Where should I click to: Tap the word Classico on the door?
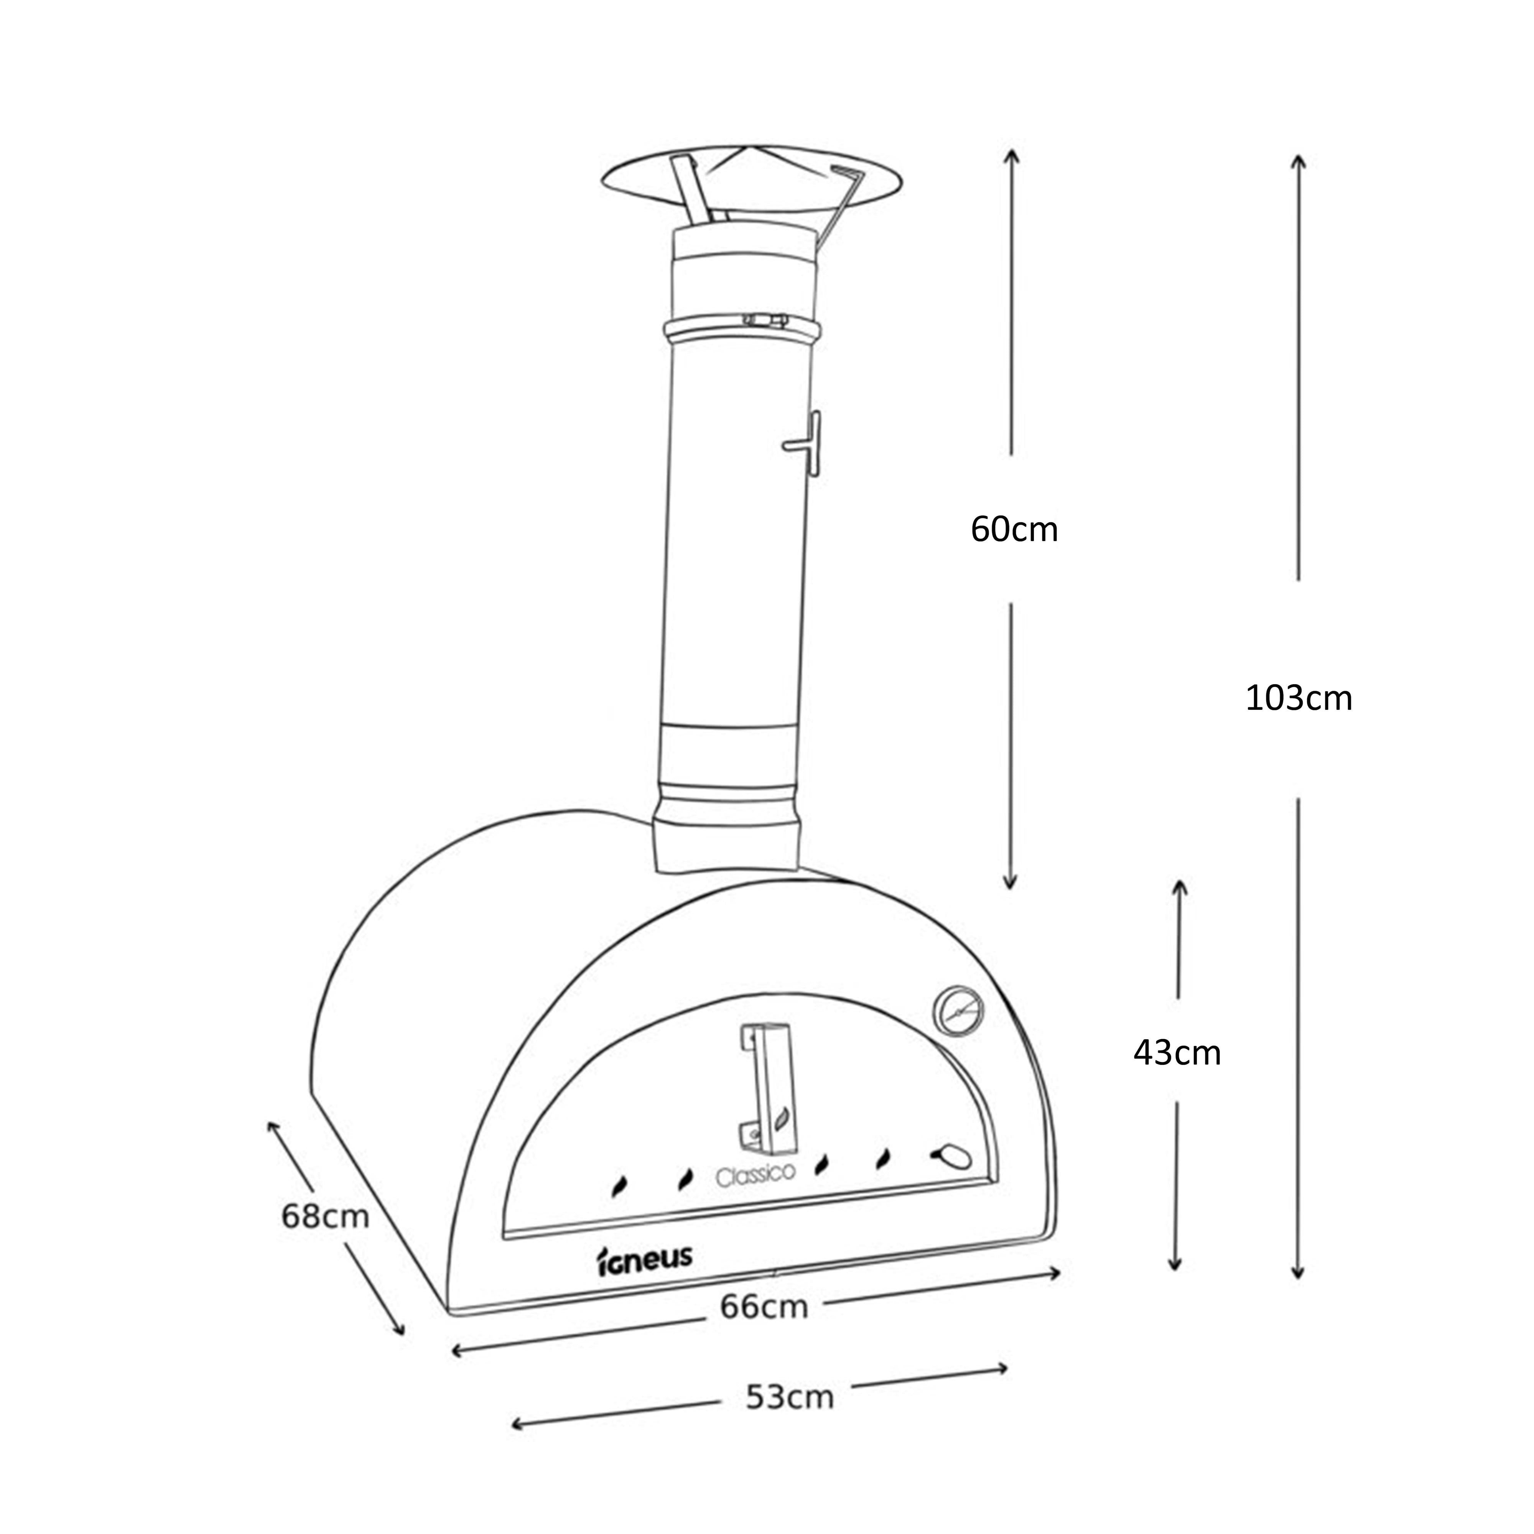pyautogui.click(x=755, y=1174)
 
